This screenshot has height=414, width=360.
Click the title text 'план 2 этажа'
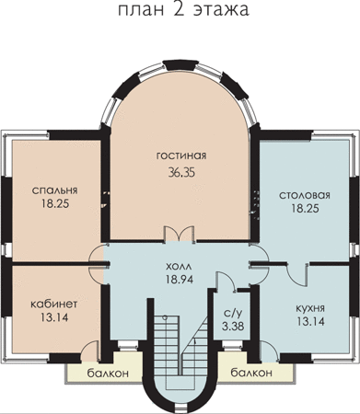coord(183,10)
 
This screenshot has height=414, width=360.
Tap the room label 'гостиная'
coord(181,155)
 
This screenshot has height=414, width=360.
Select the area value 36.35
coord(181,172)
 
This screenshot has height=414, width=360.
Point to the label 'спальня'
coord(55,190)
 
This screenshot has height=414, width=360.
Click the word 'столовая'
coord(305,195)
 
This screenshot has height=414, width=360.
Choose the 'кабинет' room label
coord(54,304)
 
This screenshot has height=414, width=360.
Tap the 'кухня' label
coord(310,308)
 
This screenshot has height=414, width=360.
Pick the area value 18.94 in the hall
coord(180,279)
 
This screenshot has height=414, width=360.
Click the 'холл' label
coord(180,266)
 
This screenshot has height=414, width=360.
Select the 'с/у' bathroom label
coord(233,313)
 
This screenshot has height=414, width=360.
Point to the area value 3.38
coord(233,326)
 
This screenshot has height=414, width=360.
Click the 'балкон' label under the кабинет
coord(108,374)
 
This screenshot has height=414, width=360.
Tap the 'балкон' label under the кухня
coord(251,373)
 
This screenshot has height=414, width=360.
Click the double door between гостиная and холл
coord(180,235)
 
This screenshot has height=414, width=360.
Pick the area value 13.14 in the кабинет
coord(54,317)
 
